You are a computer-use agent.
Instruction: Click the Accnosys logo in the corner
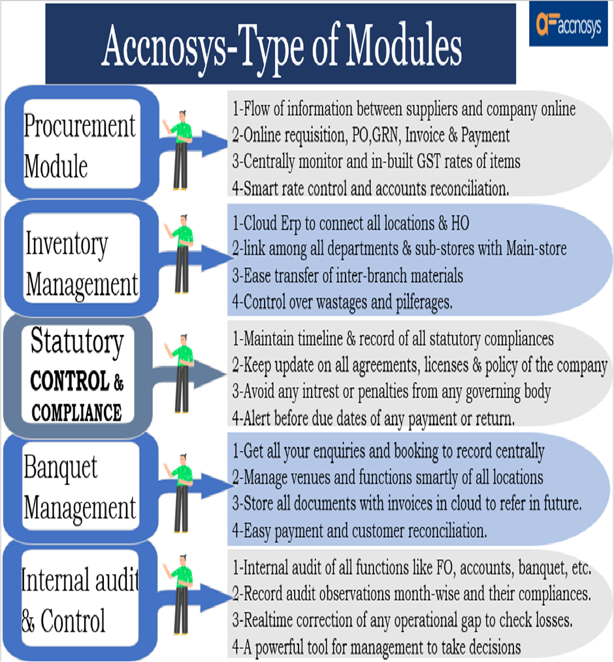(x=568, y=26)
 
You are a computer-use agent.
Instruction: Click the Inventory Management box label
(x=81, y=264)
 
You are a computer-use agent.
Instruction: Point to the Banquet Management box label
(x=80, y=488)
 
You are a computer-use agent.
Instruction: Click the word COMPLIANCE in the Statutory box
(x=76, y=413)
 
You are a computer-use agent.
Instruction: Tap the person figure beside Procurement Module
(x=180, y=150)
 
